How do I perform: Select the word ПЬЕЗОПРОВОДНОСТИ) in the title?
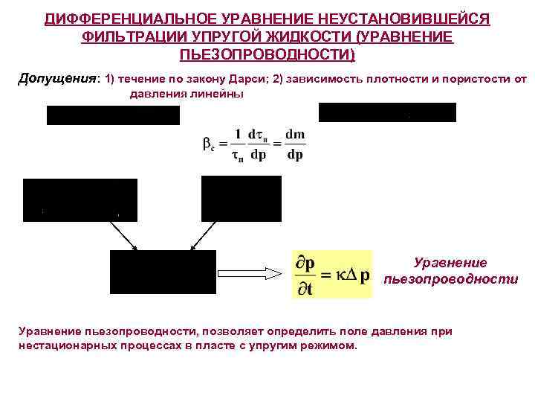point(267,56)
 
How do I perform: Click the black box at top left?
point(113,115)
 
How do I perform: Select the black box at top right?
point(387,112)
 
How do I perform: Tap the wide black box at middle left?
point(80,200)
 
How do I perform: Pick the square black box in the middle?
point(241,199)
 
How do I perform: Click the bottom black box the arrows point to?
point(163,272)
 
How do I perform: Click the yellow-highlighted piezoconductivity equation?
point(332,274)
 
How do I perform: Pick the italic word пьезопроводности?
point(450,279)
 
